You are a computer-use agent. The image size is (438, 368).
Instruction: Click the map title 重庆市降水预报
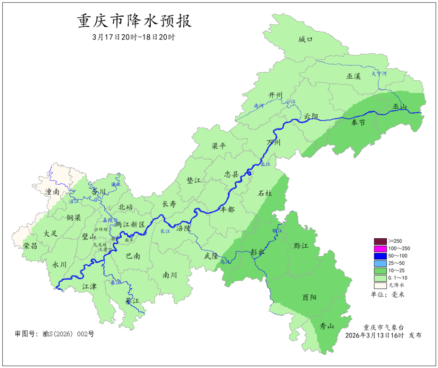click(134, 21)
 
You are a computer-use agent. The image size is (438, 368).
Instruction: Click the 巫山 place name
click(400, 107)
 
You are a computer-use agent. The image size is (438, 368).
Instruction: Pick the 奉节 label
click(358, 122)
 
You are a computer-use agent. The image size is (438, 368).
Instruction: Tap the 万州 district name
click(273, 142)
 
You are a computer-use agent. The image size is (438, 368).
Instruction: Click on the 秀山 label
click(327, 326)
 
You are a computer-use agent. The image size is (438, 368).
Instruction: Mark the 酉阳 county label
click(309, 297)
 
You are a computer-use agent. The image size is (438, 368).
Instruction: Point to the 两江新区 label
click(130, 224)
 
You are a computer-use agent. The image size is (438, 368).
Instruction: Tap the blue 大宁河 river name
click(379, 74)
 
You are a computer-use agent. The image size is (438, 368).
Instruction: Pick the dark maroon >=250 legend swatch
click(380, 241)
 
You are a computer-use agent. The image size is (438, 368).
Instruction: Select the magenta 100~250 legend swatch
click(380, 248)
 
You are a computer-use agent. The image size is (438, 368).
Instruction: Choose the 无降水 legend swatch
click(380, 285)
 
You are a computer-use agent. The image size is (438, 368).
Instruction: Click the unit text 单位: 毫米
click(388, 294)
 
